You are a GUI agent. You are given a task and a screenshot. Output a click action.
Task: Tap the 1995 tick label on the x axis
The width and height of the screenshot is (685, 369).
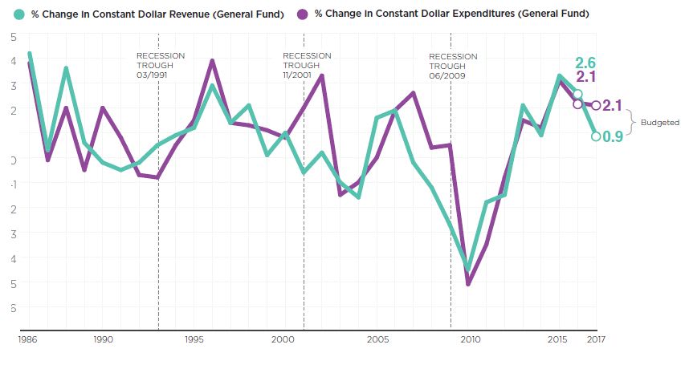point(194,340)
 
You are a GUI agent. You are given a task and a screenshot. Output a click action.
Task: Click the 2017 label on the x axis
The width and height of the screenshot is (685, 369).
point(595,340)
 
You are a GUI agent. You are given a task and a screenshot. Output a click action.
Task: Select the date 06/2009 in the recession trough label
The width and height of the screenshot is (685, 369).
point(443,76)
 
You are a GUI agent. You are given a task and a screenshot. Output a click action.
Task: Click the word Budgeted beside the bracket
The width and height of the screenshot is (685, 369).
point(659,123)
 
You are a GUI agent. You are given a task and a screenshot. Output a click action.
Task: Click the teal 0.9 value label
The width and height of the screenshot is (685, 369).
point(613,137)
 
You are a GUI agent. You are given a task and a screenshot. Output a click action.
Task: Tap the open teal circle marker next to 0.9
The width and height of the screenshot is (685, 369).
point(595,136)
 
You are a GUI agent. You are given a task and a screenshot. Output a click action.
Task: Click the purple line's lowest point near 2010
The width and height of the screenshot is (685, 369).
point(468,284)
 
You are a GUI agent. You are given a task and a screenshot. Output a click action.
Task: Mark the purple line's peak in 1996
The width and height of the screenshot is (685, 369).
point(212,61)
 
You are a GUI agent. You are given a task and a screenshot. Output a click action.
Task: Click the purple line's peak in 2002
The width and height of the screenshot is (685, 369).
point(322,75)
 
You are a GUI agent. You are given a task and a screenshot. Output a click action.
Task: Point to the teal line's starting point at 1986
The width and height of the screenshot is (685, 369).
point(30,55)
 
